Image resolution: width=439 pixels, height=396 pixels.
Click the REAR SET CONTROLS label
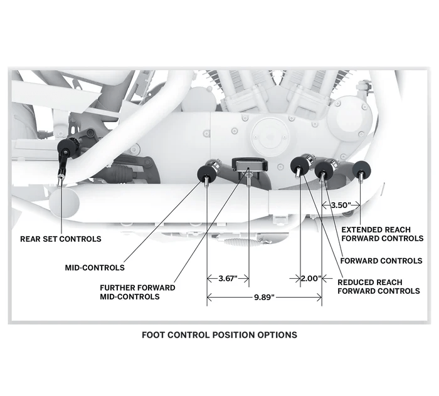pyautogui.click(x=61, y=239)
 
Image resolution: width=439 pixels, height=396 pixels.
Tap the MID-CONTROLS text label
pyautogui.click(x=95, y=268)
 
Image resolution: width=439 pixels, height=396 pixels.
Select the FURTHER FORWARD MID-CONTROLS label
pyautogui.click(x=137, y=292)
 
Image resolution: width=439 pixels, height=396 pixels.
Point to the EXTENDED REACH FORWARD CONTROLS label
pyautogui.click(x=382, y=234)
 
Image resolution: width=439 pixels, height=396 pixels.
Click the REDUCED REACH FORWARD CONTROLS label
pyautogui.click(x=378, y=286)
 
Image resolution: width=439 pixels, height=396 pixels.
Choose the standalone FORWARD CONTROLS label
pyautogui.click(x=380, y=260)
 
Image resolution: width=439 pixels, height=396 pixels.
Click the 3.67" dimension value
pyautogui.click(x=227, y=278)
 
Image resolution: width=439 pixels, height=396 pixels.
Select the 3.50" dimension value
pyautogui.click(x=341, y=204)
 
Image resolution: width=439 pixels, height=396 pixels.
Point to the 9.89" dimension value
pyautogui.click(x=264, y=298)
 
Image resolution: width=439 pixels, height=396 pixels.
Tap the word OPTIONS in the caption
pyautogui.click(x=275, y=335)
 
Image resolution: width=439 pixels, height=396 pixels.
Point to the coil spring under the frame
pyautogui.click(x=236, y=241)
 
